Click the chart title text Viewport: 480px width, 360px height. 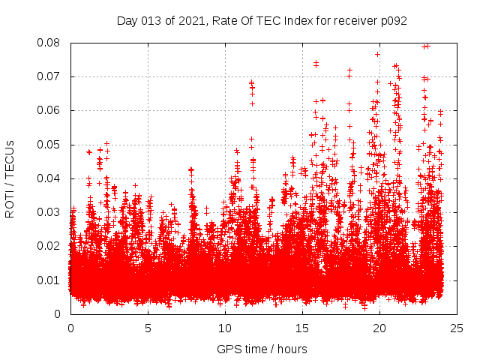262,21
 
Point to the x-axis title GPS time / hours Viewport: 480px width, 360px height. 262,349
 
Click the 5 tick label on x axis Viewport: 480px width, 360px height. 148,328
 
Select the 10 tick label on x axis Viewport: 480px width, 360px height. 225,328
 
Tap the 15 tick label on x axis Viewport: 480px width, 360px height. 302,328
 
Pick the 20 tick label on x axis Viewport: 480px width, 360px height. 379,328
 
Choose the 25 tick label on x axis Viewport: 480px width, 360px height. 457,328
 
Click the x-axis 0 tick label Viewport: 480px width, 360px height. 70,328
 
